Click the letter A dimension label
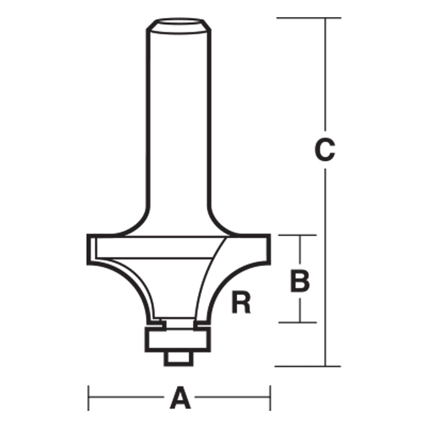pos(180,398)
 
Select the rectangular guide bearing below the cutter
pos(178,340)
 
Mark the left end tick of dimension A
pos(89,398)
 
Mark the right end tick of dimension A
pos(270,398)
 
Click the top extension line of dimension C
pos(308,18)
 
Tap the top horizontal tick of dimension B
pos(299,235)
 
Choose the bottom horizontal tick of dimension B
pos(299,322)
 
